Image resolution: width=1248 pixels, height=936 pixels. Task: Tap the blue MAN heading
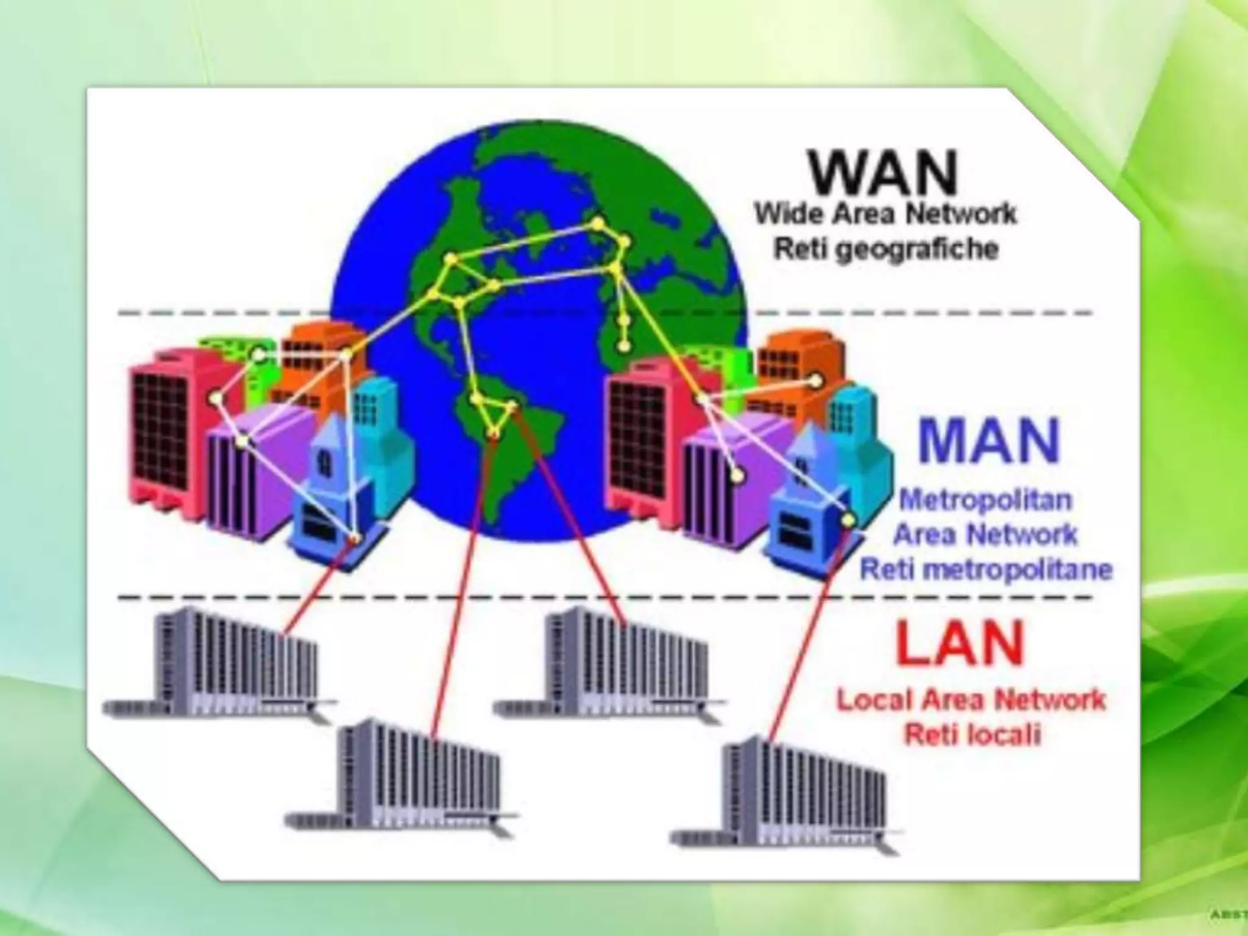(x=989, y=440)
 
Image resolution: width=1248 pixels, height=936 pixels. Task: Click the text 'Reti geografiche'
(x=886, y=249)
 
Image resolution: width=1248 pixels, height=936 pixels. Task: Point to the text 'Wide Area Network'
(x=886, y=214)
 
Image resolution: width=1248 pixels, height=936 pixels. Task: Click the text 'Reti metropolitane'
(x=986, y=570)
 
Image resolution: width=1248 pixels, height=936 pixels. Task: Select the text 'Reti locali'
(x=971, y=735)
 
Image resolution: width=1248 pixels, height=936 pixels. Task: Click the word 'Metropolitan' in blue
(x=985, y=500)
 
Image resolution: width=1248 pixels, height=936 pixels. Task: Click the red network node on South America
(x=494, y=434)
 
